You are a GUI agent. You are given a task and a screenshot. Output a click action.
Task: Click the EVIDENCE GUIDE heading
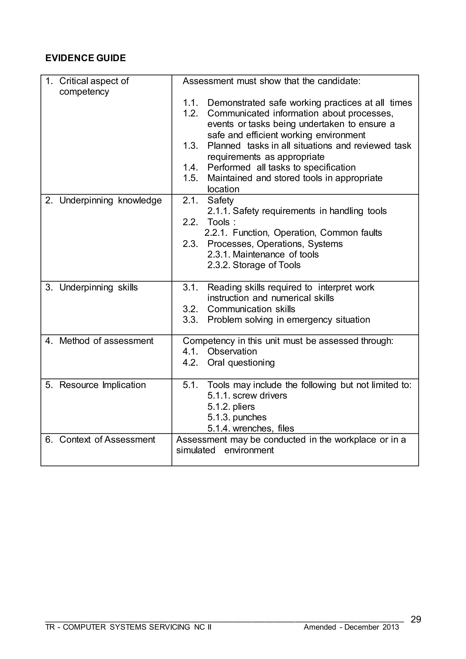coord(86,58)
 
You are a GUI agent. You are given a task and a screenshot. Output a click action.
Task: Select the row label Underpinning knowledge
coord(111,200)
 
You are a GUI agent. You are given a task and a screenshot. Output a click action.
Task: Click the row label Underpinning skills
coord(99,287)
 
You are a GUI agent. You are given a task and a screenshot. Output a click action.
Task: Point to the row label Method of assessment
coord(106,341)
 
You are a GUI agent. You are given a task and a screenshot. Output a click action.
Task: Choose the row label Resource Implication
coord(102,385)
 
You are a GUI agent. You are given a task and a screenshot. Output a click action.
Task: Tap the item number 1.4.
coord(190,167)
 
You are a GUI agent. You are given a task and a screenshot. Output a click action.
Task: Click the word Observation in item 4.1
coord(232,351)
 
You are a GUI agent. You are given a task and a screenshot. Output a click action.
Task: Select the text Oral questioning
coord(241,363)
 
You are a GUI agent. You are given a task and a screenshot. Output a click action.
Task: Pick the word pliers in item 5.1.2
coord(244,407)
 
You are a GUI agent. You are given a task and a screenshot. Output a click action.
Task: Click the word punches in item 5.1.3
coord(249,417)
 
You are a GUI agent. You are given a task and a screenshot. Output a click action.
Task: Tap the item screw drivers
coord(260,396)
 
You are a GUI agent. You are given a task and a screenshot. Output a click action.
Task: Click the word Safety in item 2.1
coord(220,200)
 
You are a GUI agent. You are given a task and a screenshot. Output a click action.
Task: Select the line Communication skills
coord(251,309)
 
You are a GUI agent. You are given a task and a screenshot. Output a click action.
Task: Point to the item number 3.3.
coord(190,320)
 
